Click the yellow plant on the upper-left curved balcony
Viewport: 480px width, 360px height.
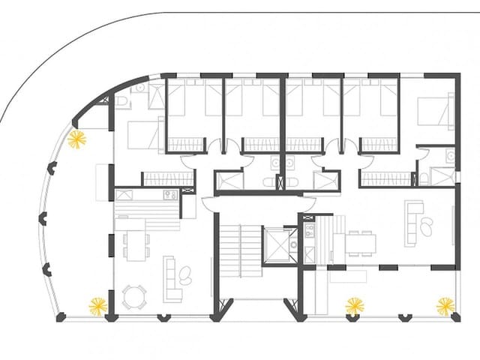click(76, 139)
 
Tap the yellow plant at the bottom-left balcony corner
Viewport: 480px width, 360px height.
click(98, 306)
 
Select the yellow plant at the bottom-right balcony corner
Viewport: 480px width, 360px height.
click(445, 306)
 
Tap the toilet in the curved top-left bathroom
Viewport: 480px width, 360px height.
click(121, 101)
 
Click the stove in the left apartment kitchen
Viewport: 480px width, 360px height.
click(169, 195)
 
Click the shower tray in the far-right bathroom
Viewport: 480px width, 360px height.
click(442, 177)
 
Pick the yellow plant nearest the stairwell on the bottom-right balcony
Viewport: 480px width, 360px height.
click(354, 306)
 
